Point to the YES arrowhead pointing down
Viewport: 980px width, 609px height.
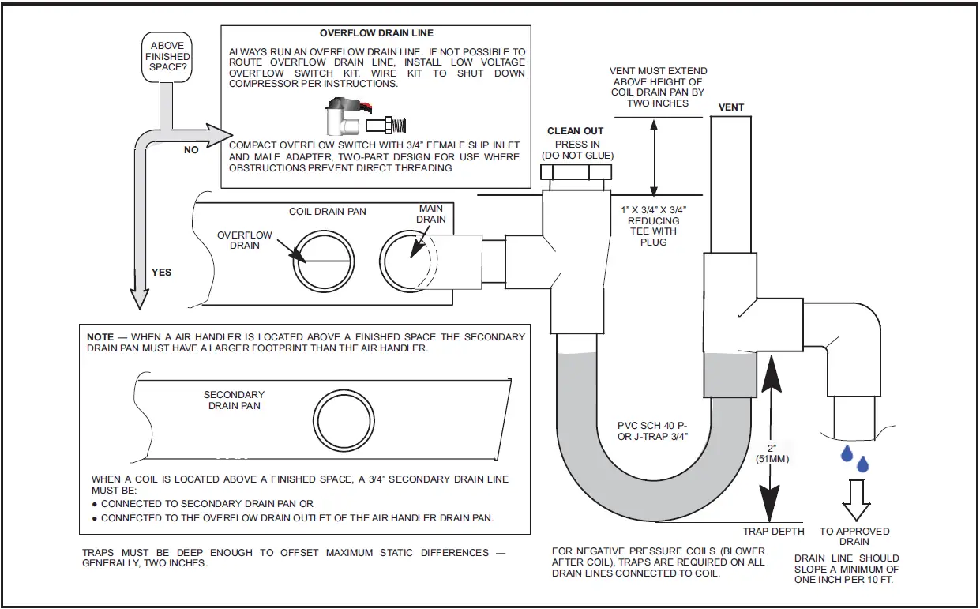pyautogui.click(x=139, y=298)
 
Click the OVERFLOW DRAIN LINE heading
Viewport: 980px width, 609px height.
pyautogui.click(x=376, y=34)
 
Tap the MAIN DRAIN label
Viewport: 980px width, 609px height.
pyautogui.click(x=431, y=213)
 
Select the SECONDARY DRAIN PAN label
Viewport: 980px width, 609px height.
pyautogui.click(x=234, y=400)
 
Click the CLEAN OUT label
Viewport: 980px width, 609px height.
pyautogui.click(x=575, y=131)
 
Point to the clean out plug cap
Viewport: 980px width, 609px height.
pyautogui.click(x=575, y=175)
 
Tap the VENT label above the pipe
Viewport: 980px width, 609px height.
pyautogui.click(x=731, y=107)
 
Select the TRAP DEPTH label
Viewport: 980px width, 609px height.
pyautogui.click(x=773, y=532)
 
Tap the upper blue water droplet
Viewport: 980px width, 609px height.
pyautogui.click(x=847, y=453)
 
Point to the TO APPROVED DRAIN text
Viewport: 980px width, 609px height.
pyautogui.click(x=854, y=536)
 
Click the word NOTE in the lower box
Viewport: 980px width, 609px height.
pyautogui.click(x=100, y=337)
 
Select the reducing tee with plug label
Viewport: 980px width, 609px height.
pyautogui.click(x=653, y=226)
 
